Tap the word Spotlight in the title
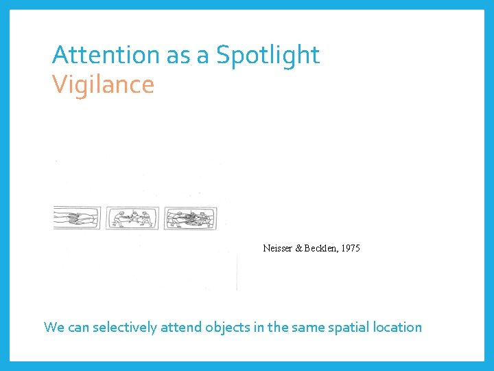point(268,55)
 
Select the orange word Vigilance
point(103,85)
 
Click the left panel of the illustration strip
point(77,218)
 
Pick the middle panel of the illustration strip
point(132,218)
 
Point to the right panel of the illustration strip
point(190,218)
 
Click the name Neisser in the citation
point(277,248)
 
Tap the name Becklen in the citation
point(321,248)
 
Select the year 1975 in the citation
point(349,248)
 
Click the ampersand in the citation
point(299,248)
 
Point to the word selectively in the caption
point(123,327)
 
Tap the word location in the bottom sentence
point(397,327)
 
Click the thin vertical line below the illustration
point(237,271)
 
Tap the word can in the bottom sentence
point(78,327)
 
